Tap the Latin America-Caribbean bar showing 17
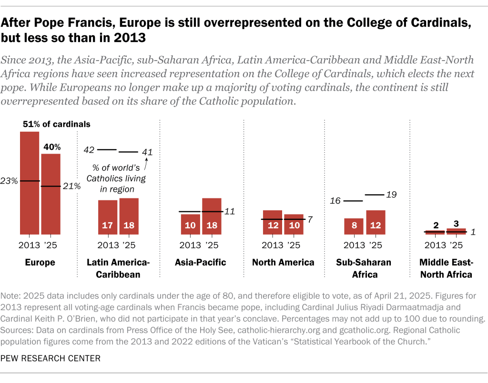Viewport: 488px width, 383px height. pyautogui.click(x=108, y=217)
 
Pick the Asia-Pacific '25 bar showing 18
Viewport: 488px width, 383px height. pyautogui.click(x=212, y=216)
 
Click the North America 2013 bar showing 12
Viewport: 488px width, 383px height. pyautogui.click(x=273, y=222)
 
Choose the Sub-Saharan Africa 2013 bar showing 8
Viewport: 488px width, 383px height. pyautogui.click(x=354, y=226)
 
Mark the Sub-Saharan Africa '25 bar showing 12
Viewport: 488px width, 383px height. pyautogui.click(x=376, y=222)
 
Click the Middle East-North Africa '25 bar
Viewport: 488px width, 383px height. pyautogui.click(x=456, y=231)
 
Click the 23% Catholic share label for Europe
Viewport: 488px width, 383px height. pyautogui.click(x=9, y=181)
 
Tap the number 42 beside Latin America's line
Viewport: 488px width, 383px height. pyautogui.click(x=89, y=150)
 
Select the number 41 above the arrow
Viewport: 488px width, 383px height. pyautogui.click(x=147, y=152)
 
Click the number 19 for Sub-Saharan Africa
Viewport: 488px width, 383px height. pyautogui.click(x=391, y=195)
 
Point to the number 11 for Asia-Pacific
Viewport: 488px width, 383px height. pyautogui.click(x=229, y=211)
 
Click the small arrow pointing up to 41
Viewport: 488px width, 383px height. pyautogui.click(x=147, y=163)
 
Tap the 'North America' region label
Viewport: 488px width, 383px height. pyautogui.click(x=283, y=262)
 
